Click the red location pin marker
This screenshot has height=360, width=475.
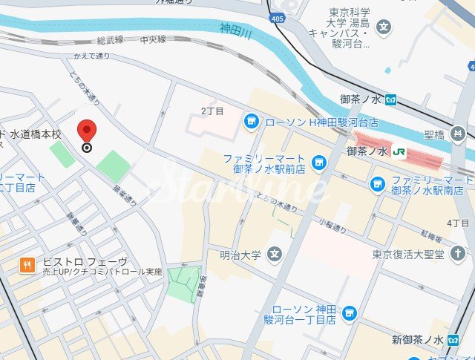click(x=88, y=131)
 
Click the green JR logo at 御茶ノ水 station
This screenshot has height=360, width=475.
click(x=399, y=151)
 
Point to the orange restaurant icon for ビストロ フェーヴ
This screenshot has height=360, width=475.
click(x=27, y=264)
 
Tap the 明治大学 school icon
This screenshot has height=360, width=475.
click(x=275, y=255)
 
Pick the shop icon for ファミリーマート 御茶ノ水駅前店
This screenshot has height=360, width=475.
click(x=320, y=161)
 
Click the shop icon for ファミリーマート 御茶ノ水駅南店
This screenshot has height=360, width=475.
click(x=379, y=183)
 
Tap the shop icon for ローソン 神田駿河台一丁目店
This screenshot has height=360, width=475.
click(x=349, y=313)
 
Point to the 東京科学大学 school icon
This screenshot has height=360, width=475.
click(x=384, y=28)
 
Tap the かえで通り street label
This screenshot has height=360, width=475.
click(x=91, y=56)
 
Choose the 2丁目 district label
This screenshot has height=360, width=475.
click(x=212, y=111)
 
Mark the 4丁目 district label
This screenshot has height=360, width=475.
click(x=458, y=223)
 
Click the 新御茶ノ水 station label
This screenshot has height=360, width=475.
click(x=417, y=340)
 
